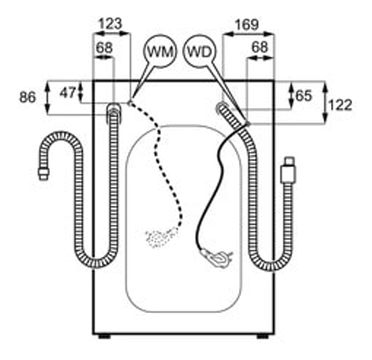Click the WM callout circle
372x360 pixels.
[x=160, y=51]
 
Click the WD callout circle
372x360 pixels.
[x=200, y=52]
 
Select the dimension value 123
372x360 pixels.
[x=110, y=24]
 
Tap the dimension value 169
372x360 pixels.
[x=247, y=25]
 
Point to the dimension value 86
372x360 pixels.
[x=27, y=97]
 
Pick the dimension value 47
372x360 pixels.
[x=68, y=93]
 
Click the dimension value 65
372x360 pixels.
[x=304, y=96]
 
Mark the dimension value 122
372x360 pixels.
[x=340, y=105]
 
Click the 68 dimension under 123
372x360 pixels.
[x=104, y=47]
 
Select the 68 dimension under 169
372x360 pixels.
[x=260, y=47]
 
